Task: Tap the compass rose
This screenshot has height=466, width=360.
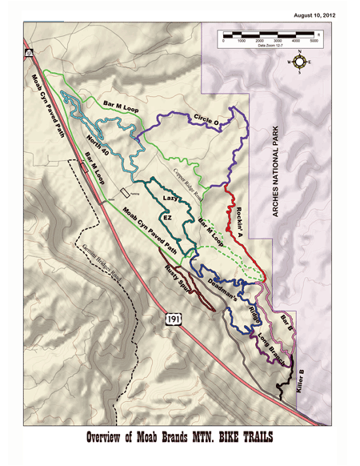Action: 301,61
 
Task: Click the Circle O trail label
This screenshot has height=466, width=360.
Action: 207,121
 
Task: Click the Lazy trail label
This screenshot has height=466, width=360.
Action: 170,197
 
